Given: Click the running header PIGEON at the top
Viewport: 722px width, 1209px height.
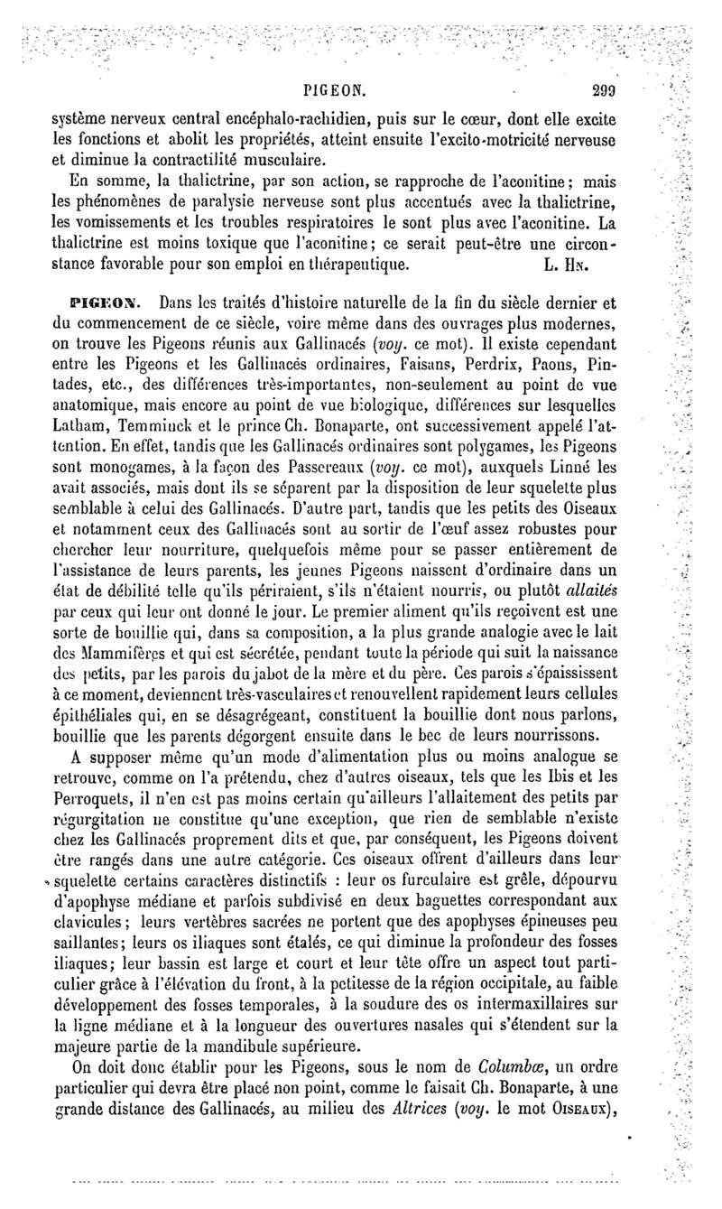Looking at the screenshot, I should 335,90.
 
